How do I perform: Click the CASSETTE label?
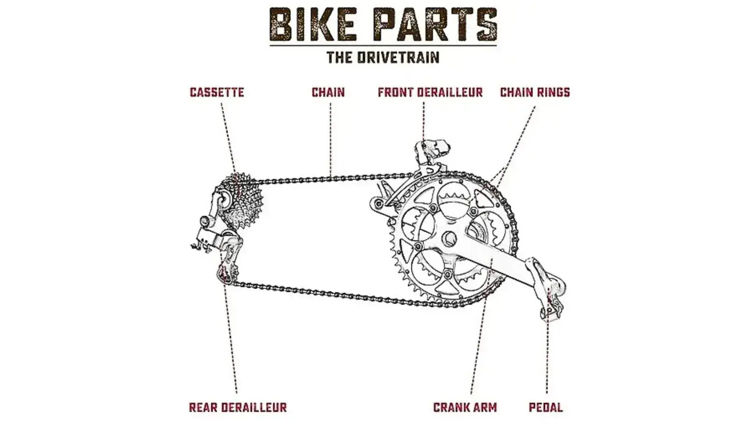217,92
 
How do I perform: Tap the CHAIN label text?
328,92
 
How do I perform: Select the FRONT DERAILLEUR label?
430,92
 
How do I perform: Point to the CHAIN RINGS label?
535,92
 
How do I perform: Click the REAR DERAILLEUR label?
237,407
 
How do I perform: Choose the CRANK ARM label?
465,407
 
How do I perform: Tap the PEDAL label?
546,407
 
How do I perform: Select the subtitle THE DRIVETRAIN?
383,58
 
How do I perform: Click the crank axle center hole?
449,239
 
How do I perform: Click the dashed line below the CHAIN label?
331,140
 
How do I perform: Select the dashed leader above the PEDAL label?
547,356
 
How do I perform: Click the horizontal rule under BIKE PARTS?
383,45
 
